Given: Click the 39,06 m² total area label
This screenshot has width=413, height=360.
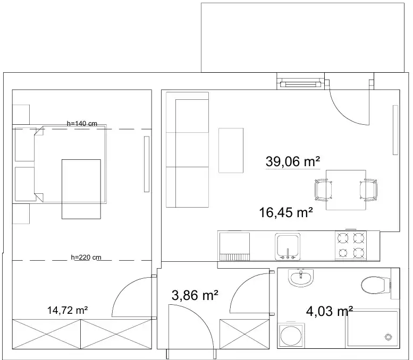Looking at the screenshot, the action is click(x=293, y=161).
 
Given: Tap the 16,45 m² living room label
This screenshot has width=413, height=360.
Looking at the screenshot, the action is click(x=286, y=212).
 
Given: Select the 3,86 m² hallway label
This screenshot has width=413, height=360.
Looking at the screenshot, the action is click(x=195, y=295).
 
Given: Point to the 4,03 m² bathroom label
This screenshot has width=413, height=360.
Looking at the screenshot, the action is click(x=329, y=311).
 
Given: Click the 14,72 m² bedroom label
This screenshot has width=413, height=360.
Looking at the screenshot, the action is click(x=68, y=310).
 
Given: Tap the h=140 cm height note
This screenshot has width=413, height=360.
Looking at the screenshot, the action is click(x=82, y=123).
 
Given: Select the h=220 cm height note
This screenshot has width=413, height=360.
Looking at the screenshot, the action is click(x=86, y=258).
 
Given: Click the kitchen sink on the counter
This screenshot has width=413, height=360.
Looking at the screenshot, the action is click(x=288, y=246).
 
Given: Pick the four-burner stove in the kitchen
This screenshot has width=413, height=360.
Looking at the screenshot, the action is click(x=351, y=245).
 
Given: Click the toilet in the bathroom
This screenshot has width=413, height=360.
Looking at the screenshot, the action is click(x=376, y=285).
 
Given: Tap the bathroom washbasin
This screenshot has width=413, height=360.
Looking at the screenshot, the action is click(x=301, y=278).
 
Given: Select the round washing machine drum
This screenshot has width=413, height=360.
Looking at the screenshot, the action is click(x=291, y=336).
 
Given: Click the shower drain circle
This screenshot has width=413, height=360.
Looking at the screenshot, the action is click(x=388, y=337).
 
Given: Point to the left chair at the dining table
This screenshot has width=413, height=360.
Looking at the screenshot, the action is click(x=323, y=190).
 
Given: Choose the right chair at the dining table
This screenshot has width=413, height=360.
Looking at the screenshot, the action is click(x=368, y=190).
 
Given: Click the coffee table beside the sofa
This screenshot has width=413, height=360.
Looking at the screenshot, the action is click(x=231, y=150).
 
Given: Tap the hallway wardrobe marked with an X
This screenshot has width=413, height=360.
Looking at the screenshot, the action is click(x=245, y=334).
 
